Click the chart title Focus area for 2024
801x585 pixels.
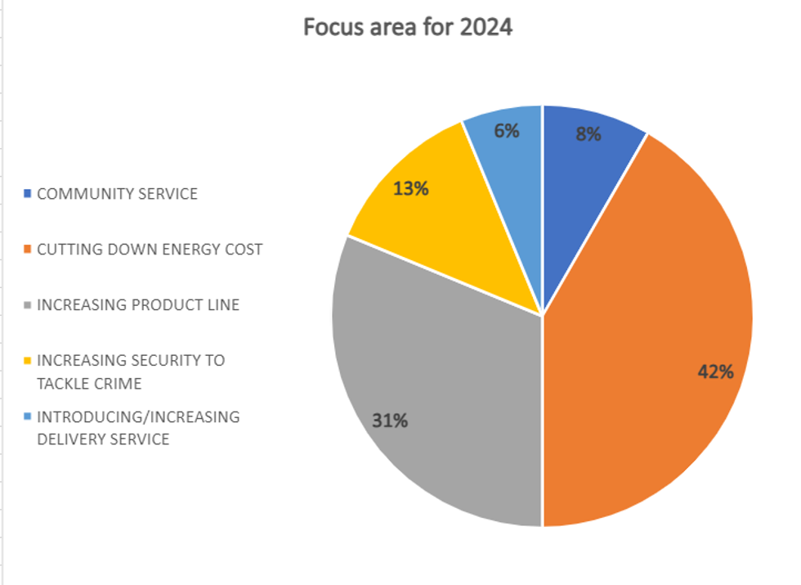407,27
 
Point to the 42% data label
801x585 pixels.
715,371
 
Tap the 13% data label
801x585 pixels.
410,189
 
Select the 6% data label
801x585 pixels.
507,130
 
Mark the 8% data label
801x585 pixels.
588,134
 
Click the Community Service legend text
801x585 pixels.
117,194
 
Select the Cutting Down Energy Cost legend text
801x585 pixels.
150,250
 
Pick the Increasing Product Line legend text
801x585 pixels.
138,305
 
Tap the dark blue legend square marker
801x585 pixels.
28,195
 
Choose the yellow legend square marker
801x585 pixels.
28,361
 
